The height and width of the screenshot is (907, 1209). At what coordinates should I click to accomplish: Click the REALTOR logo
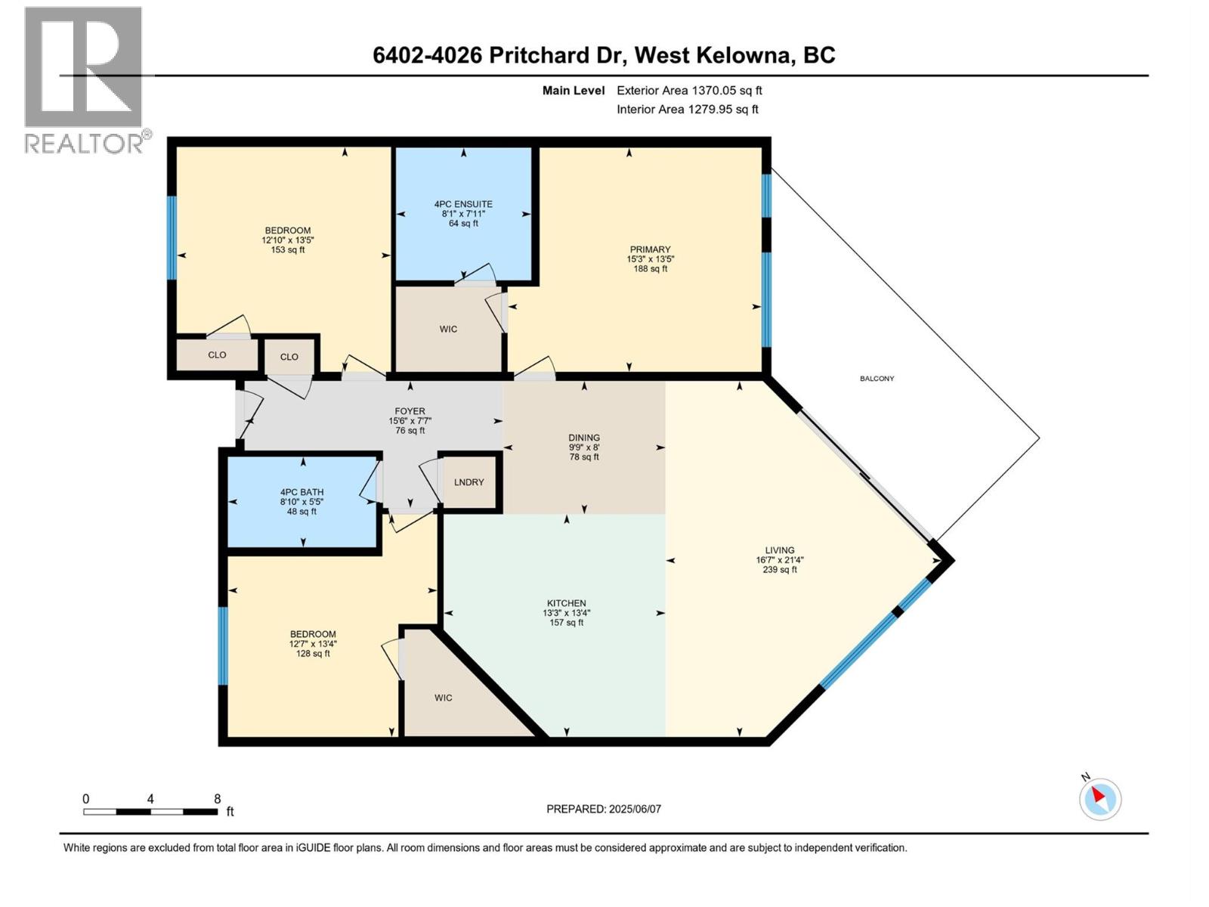click(x=83, y=79)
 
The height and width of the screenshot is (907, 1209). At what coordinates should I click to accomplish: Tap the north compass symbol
click(x=1099, y=799)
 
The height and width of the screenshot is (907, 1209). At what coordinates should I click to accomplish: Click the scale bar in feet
click(x=151, y=812)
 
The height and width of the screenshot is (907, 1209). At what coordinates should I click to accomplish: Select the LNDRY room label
click(x=468, y=482)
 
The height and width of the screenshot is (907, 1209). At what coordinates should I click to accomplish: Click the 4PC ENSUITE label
click(x=463, y=204)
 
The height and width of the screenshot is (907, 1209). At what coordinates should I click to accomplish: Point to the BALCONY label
click(x=877, y=379)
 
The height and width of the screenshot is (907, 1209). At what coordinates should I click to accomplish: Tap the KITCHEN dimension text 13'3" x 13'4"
click(x=566, y=613)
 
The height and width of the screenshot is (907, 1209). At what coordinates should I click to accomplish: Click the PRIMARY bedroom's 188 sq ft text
click(x=650, y=268)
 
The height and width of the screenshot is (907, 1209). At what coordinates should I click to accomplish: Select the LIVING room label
click(x=779, y=550)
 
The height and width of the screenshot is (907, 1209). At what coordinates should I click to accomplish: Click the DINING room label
click(x=583, y=438)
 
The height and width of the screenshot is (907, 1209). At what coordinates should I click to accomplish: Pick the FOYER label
click(x=410, y=411)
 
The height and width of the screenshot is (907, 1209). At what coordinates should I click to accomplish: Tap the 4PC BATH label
click(x=301, y=492)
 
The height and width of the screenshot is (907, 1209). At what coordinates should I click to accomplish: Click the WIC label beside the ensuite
click(x=448, y=330)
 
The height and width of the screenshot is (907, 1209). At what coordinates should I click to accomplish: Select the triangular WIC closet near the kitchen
click(x=444, y=698)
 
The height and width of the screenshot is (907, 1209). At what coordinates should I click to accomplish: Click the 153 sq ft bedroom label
click(x=287, y=250)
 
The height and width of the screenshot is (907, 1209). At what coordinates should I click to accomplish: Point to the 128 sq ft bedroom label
click(x=313, y=654)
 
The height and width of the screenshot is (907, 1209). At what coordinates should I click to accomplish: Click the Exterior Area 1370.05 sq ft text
click(x=688, y=91)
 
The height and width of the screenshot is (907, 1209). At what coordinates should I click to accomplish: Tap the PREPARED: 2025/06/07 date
click(x=603, y=809)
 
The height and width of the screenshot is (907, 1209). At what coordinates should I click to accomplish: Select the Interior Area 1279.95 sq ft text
click(x=687, y=110)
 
